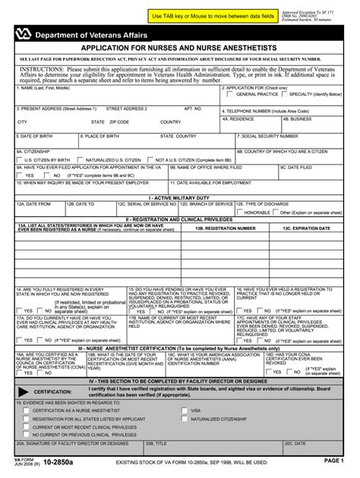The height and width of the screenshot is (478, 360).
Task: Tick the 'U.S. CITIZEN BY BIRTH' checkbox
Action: click(x=20, y=160)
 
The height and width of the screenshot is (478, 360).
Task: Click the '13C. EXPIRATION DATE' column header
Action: click(x=308, y=227)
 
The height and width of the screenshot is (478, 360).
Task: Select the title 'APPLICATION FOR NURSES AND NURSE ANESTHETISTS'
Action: click(x=179, y=46)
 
